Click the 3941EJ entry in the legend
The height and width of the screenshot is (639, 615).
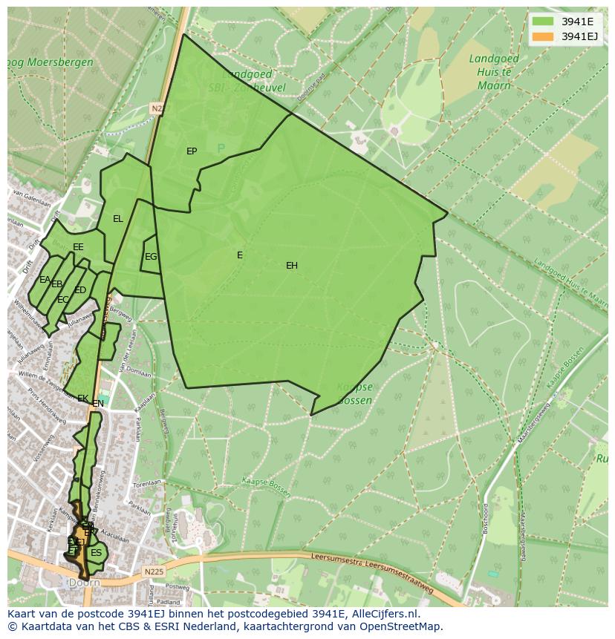point(580,36)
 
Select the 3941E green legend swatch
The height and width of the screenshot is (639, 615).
point(543,21)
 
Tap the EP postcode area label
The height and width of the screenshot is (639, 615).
point(192,151)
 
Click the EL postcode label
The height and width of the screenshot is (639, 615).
point(118,219)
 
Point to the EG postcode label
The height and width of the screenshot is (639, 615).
point(151,257)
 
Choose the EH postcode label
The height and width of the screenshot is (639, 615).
point(292,266)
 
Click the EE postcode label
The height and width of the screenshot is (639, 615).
point(78,247)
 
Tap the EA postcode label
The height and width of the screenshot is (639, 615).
point(45,280)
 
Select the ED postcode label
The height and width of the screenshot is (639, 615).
point(80,290)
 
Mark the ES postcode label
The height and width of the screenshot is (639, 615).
point(96,553)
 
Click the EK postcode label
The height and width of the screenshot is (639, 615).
point(82,399)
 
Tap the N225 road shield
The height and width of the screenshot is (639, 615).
point(154,571)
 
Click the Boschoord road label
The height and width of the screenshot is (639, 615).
point(485,519)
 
